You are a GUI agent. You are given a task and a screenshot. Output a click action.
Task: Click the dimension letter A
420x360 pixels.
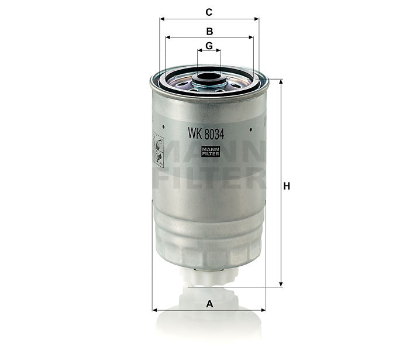[x=209, y=303]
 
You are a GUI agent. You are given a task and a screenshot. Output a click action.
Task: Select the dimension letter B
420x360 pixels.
[x=209, y=30]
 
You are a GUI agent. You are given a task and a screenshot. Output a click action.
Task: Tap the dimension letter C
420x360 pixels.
[x=209, y=12]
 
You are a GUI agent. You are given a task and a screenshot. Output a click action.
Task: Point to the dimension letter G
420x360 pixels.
[x=209, y=45]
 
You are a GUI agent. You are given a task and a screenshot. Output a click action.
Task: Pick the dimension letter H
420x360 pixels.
[x=287, y=186]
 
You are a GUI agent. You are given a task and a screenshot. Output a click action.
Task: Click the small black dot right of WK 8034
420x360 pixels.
[x=250, y=130]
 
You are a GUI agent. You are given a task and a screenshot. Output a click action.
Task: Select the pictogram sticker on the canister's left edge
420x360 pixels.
[x=157, y=150]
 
